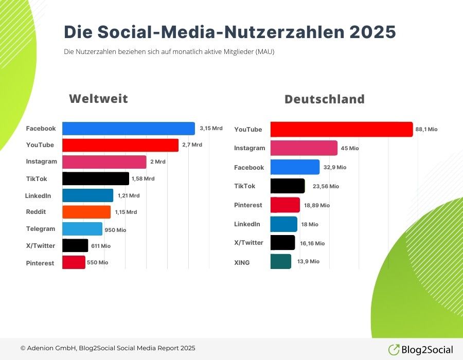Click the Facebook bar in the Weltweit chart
(x=129, y=129)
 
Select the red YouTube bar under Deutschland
(x=341, y=130)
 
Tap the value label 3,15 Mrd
(x=211, y=128)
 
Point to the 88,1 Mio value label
(x=426, y=130)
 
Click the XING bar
(x=281, y=261)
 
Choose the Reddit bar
(x=86, y=212)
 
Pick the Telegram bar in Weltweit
(x=82, y=229)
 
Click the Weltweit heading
(x=99, y=99)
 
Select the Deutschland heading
(x=324, y=99)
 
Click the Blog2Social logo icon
(x=394, y=350)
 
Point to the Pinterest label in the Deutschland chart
(x=248, y=205)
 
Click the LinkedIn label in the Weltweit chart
(x=38, y=195)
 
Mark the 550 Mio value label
(x=98, y=262)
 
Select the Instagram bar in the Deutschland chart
(x=304, y=148)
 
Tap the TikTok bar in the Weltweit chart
(x=96, y=178)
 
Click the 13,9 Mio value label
(x=308, y=262)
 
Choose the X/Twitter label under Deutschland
(x=248, y=243)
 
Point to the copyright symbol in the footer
(x=23, y=349)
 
